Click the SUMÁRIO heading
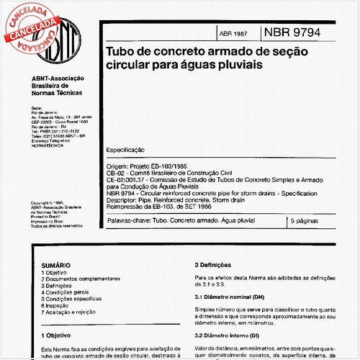click(57, 266)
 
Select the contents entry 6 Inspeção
click(60, 305)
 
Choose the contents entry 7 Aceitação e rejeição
click(76, 312)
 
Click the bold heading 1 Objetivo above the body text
click(61, 335)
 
